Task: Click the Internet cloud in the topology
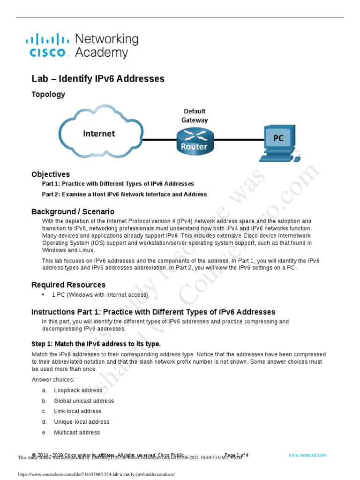point(99,134)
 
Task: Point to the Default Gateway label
point(195,115)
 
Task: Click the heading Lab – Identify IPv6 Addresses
point(98,79)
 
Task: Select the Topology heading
point(48,94)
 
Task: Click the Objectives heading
point(51,174)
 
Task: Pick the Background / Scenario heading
point(73,211)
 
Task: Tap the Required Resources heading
point(68,285)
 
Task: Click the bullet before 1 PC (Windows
point(44,295)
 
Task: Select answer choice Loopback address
point(78,390)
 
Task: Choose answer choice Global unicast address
point(84,401)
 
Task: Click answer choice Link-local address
point(78,411)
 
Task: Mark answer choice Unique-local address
point(82,422)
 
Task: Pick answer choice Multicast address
point(77,432)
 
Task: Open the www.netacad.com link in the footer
point(307,455)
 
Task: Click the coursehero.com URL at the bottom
point(96,474)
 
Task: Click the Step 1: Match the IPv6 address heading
point(96,344)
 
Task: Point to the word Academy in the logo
point(101,52)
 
